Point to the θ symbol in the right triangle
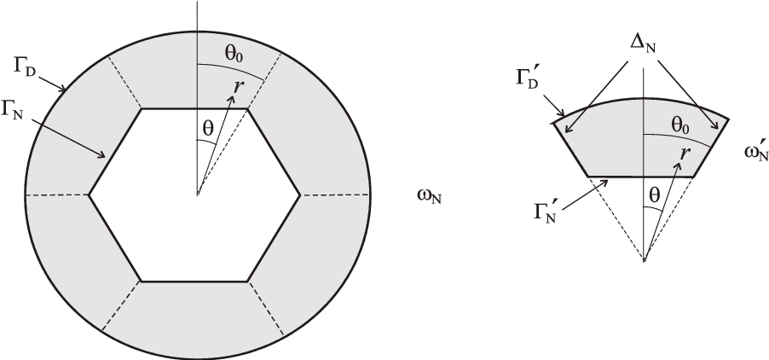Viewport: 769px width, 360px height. tap(654, 195)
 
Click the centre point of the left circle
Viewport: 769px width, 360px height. tap(197, 195)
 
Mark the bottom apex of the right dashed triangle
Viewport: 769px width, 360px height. tap(645, 260)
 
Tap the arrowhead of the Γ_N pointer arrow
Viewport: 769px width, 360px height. tap(107, 158)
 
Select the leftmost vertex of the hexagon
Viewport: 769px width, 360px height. tap(90, 195)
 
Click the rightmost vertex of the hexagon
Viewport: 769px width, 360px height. tap(300, 195)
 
